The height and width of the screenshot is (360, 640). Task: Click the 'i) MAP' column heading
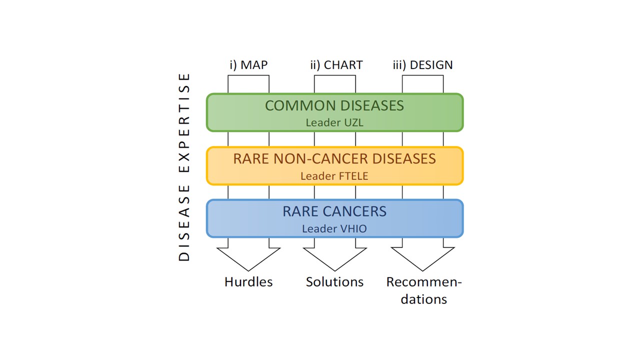click(248, 65)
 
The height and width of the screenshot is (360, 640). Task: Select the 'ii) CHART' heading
click(336, 65)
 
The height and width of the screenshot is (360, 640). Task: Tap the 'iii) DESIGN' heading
click(423, 65)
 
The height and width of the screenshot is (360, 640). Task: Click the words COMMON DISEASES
click(334, 105)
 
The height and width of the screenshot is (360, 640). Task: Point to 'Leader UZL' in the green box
click(334, 122)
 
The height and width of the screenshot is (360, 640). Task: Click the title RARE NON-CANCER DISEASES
click(334, 158)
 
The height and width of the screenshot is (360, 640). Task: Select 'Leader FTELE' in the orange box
click(334, 176)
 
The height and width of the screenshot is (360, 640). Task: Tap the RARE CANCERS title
click(334, 211)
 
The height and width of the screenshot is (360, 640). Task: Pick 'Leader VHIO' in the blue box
click(334, 228)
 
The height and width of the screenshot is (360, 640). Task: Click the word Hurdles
click(248, 282)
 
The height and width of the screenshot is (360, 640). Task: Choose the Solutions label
click(335, 282)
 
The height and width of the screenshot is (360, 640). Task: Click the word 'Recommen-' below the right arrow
click(424, 282)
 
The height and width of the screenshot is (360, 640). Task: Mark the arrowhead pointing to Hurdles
click(248, 258)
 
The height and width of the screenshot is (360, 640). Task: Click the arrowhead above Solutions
click(335, 258)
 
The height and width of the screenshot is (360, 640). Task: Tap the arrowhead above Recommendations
click(423, 258)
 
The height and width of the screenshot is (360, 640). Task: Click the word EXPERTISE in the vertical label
click(184, 123)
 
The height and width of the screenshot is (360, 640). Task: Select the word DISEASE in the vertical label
click(184, 223)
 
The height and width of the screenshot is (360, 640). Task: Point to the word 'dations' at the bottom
click(423, 299)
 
